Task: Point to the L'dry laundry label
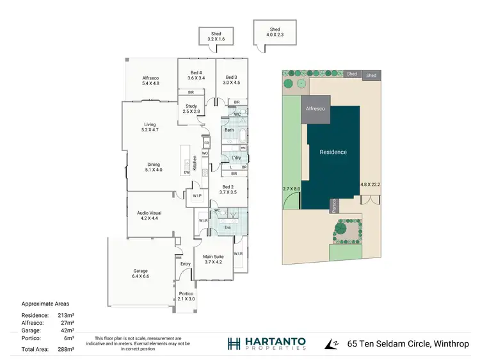[x=236, y=157]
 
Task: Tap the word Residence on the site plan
[x=333, y=152]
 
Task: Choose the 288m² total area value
[x=67, y=350]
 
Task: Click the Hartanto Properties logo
[x=266, y=343]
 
